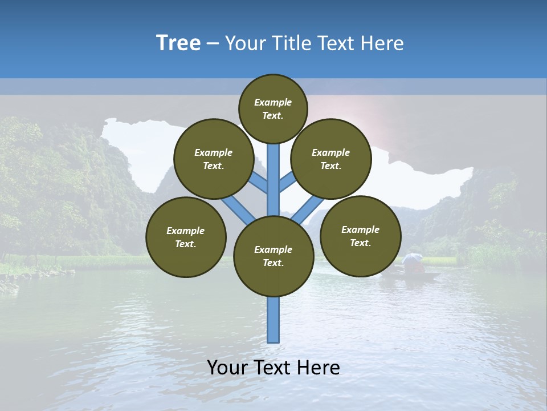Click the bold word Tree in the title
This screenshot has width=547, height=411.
coord(178,43)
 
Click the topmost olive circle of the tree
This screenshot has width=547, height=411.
coord(273,108)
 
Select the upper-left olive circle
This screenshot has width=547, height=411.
coord(214,159)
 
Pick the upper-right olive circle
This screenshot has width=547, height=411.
coord(331,159)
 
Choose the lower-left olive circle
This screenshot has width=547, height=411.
coord(186,237)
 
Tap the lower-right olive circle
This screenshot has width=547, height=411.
coord(360,236)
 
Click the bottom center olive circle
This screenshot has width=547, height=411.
coord(273,256)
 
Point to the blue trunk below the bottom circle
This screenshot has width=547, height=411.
coord(273,320)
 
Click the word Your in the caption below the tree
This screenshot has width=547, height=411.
coord(227,368)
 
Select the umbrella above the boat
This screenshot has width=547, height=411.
coord(412,258)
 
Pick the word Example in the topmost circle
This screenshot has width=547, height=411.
coord(273,102)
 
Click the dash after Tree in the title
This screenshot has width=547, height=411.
coord(213,43)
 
